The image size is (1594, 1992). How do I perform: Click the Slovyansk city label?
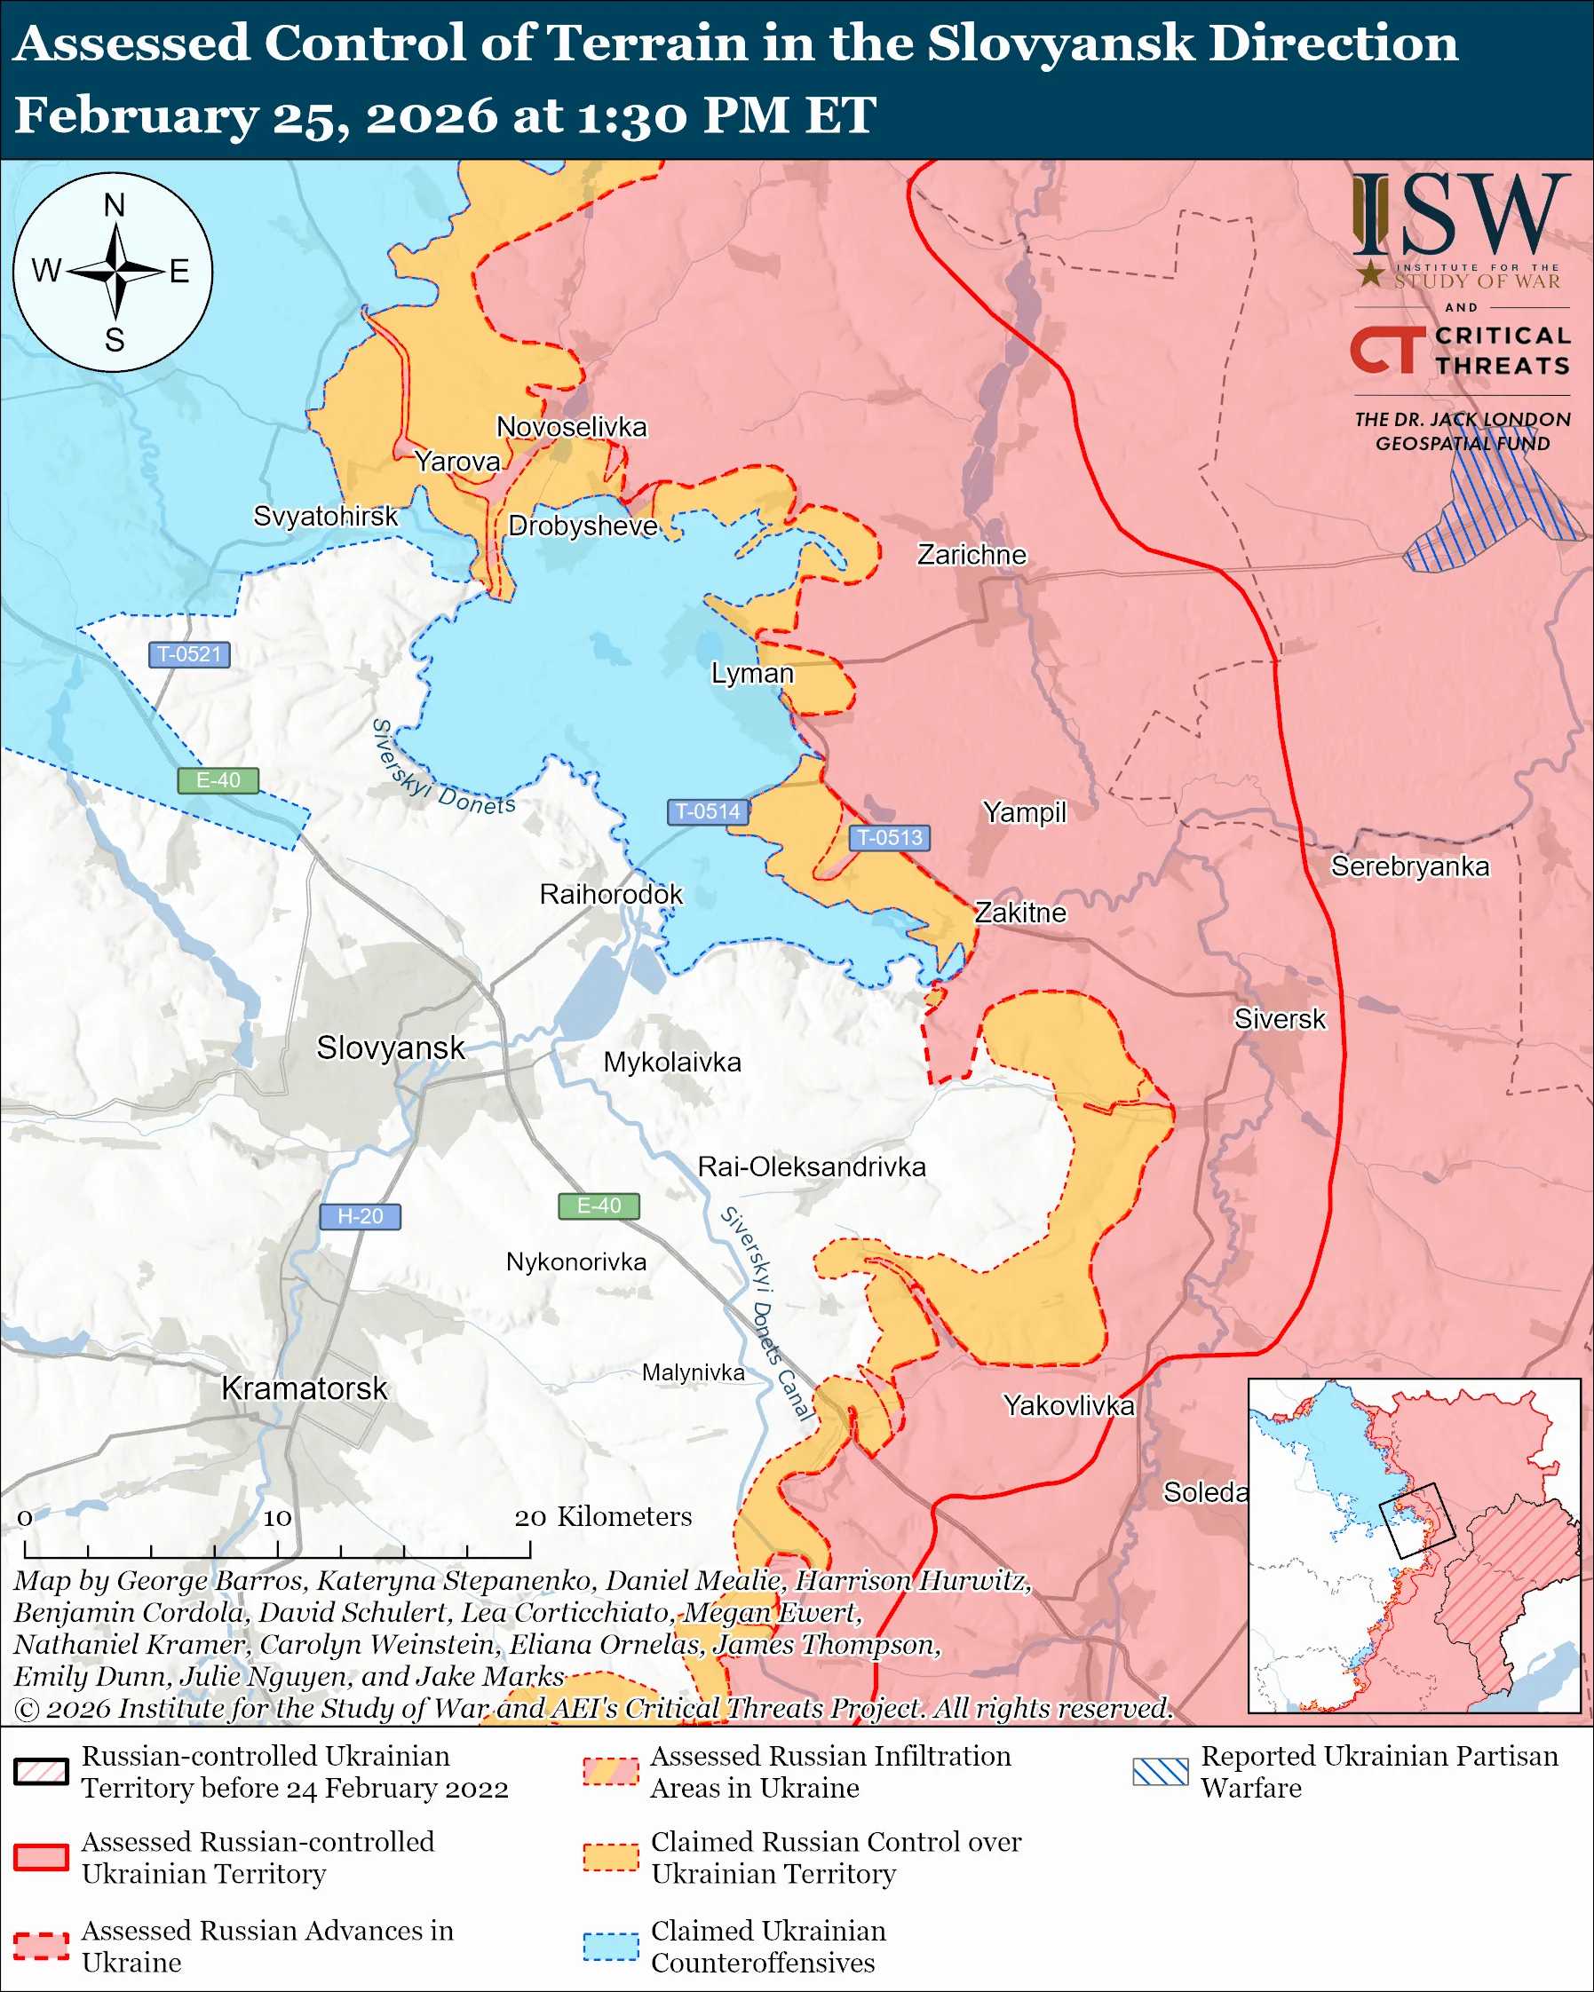(390, 1047)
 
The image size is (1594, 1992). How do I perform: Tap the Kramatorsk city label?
(304, 1387)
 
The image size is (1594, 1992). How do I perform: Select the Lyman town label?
(751, 673)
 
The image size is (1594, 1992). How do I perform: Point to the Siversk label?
(1279, 1018)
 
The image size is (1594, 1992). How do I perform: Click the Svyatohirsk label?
(325, 516)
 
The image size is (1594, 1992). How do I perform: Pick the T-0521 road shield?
(189, 654)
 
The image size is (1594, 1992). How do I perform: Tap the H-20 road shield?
(360, 1216)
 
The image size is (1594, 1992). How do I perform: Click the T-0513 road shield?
(889, 837)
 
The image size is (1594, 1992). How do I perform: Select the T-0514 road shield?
(708, 811)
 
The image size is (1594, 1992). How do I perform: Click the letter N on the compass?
(114, 205)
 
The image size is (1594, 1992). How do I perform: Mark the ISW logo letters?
(1460, 217)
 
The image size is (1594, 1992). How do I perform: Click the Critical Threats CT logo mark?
(1387, 349)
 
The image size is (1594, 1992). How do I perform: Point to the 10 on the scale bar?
(277, 1518)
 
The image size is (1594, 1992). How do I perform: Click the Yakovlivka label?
(1068, 1405)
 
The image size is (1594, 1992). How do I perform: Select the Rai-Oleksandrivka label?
(811, 1166)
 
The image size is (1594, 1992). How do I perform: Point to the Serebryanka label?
(1409, 866)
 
